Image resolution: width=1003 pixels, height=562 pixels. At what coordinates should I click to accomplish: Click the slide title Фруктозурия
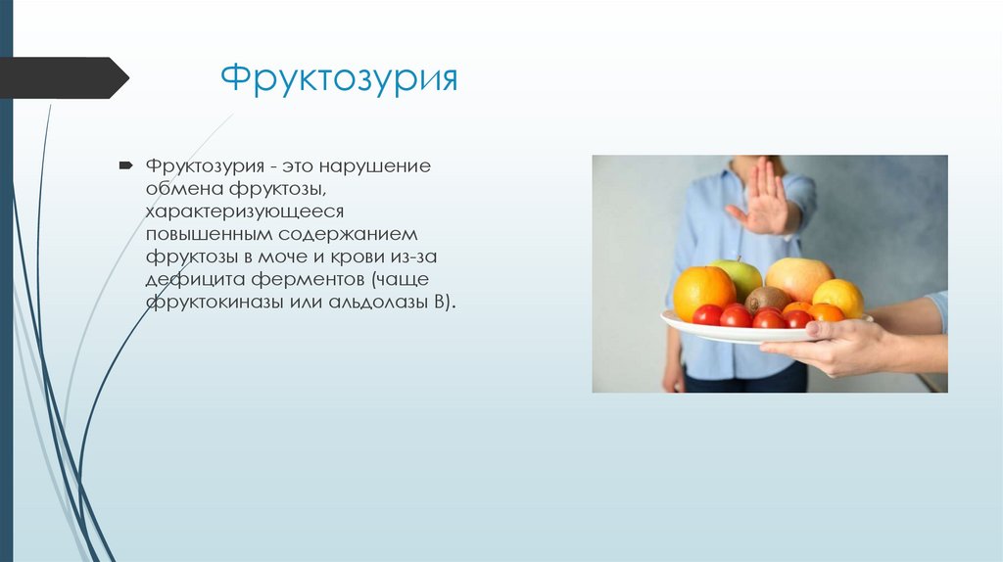[338, 78]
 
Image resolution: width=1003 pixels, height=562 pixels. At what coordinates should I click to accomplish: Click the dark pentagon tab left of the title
[63, 78]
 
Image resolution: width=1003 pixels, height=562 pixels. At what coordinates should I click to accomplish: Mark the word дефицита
[189, 281]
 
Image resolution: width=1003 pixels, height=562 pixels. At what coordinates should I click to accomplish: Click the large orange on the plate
[703, 291]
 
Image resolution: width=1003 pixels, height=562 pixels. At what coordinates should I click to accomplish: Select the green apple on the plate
[738, 275]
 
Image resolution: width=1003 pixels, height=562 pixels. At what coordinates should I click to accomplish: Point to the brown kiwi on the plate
[768, 300]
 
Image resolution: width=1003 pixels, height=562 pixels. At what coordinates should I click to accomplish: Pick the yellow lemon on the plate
[838, 297]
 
